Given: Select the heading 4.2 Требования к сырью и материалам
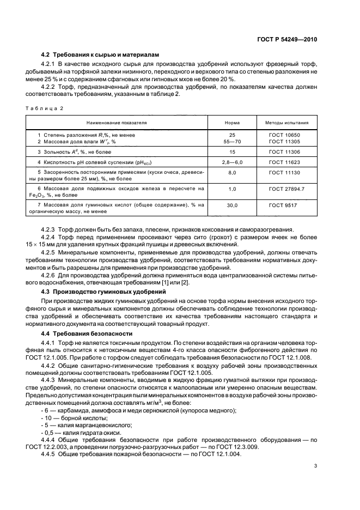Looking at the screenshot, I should [x=90, y=55].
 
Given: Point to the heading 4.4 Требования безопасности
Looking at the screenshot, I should [x=78, y=333].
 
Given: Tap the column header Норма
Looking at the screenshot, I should [x=232, y=123].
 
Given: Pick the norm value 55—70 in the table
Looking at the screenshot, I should [x=232, y=141].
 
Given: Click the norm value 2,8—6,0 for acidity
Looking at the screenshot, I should [x=232, y=162].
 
